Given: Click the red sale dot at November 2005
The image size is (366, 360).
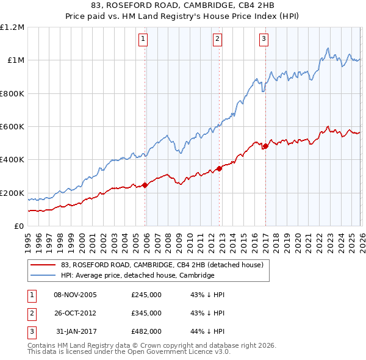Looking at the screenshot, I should (x=145, y=185).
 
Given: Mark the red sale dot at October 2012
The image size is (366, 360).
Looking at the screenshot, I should (x=220, y=169).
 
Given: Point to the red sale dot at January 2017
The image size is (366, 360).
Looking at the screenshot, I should (x=265, y=146).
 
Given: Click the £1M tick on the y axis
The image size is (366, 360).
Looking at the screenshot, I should (x=15, y=60).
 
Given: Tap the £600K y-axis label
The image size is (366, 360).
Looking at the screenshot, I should (x=12, y=127).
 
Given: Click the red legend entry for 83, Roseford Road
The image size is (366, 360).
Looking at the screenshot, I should (x=162, y=265).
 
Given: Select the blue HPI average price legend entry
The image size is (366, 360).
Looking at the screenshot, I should (x=137, y=276).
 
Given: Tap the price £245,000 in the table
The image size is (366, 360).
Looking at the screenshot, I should (x=146, y=295).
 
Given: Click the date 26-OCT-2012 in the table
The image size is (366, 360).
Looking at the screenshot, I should (x=76, y=313).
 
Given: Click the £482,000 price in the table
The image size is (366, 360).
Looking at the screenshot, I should (x=146, y=331).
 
